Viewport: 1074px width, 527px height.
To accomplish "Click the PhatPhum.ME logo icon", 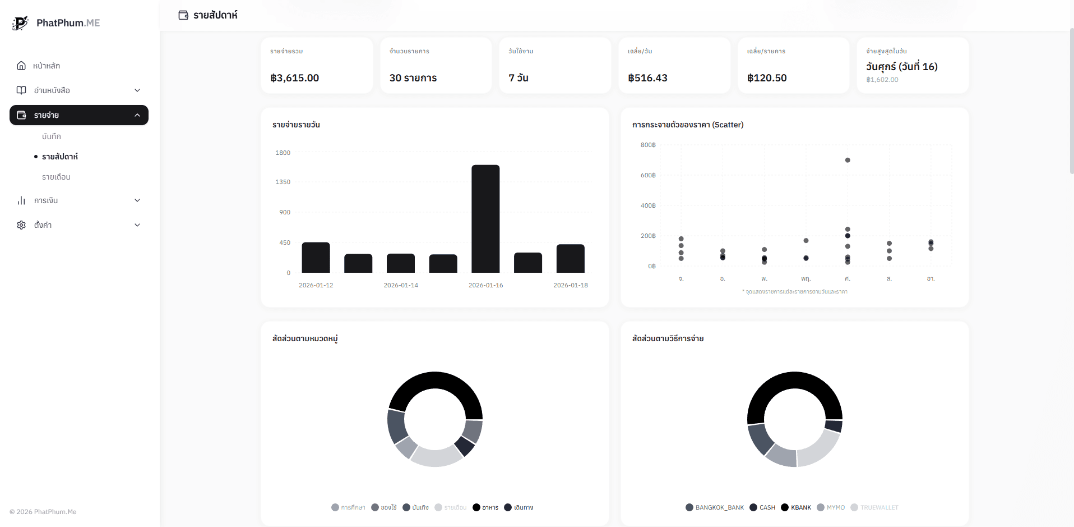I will (x=20, y=23).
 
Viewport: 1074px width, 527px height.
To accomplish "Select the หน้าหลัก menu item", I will (x=47, y=66).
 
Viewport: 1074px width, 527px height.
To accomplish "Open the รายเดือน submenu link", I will (x=56, y=177).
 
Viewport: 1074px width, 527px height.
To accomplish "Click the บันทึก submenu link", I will (x=52, y=136).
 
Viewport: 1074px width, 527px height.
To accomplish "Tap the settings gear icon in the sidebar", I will (x=21, y=225).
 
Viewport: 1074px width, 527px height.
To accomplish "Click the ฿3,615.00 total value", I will (x=295, y=78).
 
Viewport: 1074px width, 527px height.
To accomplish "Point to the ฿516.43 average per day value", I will (x=647, y=78).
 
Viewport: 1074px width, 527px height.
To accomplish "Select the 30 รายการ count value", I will (x=413, y=78).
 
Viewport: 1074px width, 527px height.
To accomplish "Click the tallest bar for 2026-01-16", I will (x=485, y=219).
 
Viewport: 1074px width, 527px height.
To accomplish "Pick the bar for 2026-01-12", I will (x=316, y=258).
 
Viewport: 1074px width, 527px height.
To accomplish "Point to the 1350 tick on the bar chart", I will (x=283, y=182).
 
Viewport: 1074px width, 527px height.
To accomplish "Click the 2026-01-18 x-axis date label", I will (x=571, y=285).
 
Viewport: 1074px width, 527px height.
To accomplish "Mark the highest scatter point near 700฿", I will (x=848, y=161).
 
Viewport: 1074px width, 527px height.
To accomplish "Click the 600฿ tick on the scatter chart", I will (x=648, y=175).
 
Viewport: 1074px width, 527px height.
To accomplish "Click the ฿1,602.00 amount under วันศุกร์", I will (x=882, y=80).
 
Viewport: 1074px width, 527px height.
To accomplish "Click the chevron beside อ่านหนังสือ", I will (x=137, y=90).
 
